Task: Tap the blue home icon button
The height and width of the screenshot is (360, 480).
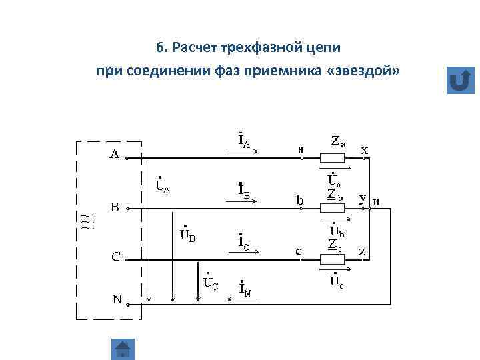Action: click(x=123, y=349)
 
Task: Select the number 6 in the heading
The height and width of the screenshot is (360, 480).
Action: click(x=160, y=48)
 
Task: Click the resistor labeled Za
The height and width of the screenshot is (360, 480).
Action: click(x=333, y=159)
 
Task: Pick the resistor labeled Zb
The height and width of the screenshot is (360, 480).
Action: click(x=333, y=207)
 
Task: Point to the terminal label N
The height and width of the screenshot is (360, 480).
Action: click(x=117, y=299)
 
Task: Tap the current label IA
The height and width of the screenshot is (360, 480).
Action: click(x=244, y=141)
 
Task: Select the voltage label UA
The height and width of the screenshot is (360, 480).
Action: click(x=162, y=183)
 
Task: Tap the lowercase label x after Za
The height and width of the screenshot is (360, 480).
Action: click(x=365, y=150)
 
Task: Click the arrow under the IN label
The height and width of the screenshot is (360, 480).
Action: click(x=243, y=299)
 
